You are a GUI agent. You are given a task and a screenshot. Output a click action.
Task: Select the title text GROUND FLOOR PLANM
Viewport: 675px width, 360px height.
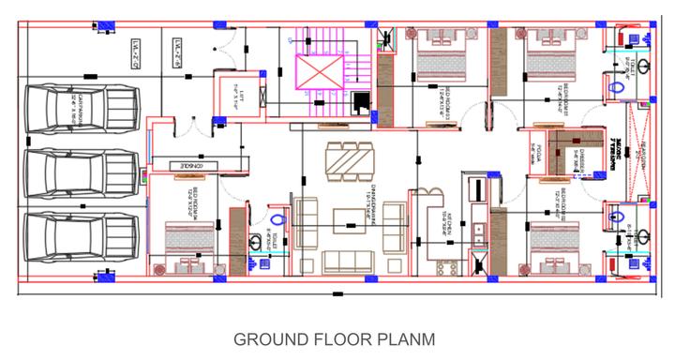click(x=333, y=337)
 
